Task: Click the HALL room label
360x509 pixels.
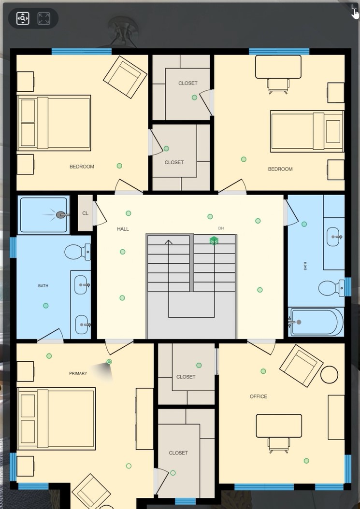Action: (123, 229)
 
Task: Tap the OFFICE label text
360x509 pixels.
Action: (259, 396)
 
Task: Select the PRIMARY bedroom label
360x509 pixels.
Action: (78, 373)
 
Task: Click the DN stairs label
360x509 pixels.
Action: (221, 228)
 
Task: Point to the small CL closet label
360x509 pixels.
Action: (85, 213)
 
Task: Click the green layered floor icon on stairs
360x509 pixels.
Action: (214, 240)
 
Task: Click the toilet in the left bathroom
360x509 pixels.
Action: (77, 252)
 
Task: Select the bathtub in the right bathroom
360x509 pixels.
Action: (316, 322)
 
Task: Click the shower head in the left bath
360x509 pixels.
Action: (60, 214)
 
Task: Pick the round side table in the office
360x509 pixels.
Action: (329, 375)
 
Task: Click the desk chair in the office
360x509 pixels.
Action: (279, 445)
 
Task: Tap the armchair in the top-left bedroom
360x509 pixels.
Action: (125, 77)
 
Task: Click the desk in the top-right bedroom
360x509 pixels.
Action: (278, 67)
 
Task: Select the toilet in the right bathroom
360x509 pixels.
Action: (331, 288)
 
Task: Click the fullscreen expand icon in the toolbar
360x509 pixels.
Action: (44, 18)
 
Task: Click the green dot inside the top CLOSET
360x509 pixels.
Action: (194, 98)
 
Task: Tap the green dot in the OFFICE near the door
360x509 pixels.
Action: (263, 371)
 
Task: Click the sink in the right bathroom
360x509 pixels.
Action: (334, 237)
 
